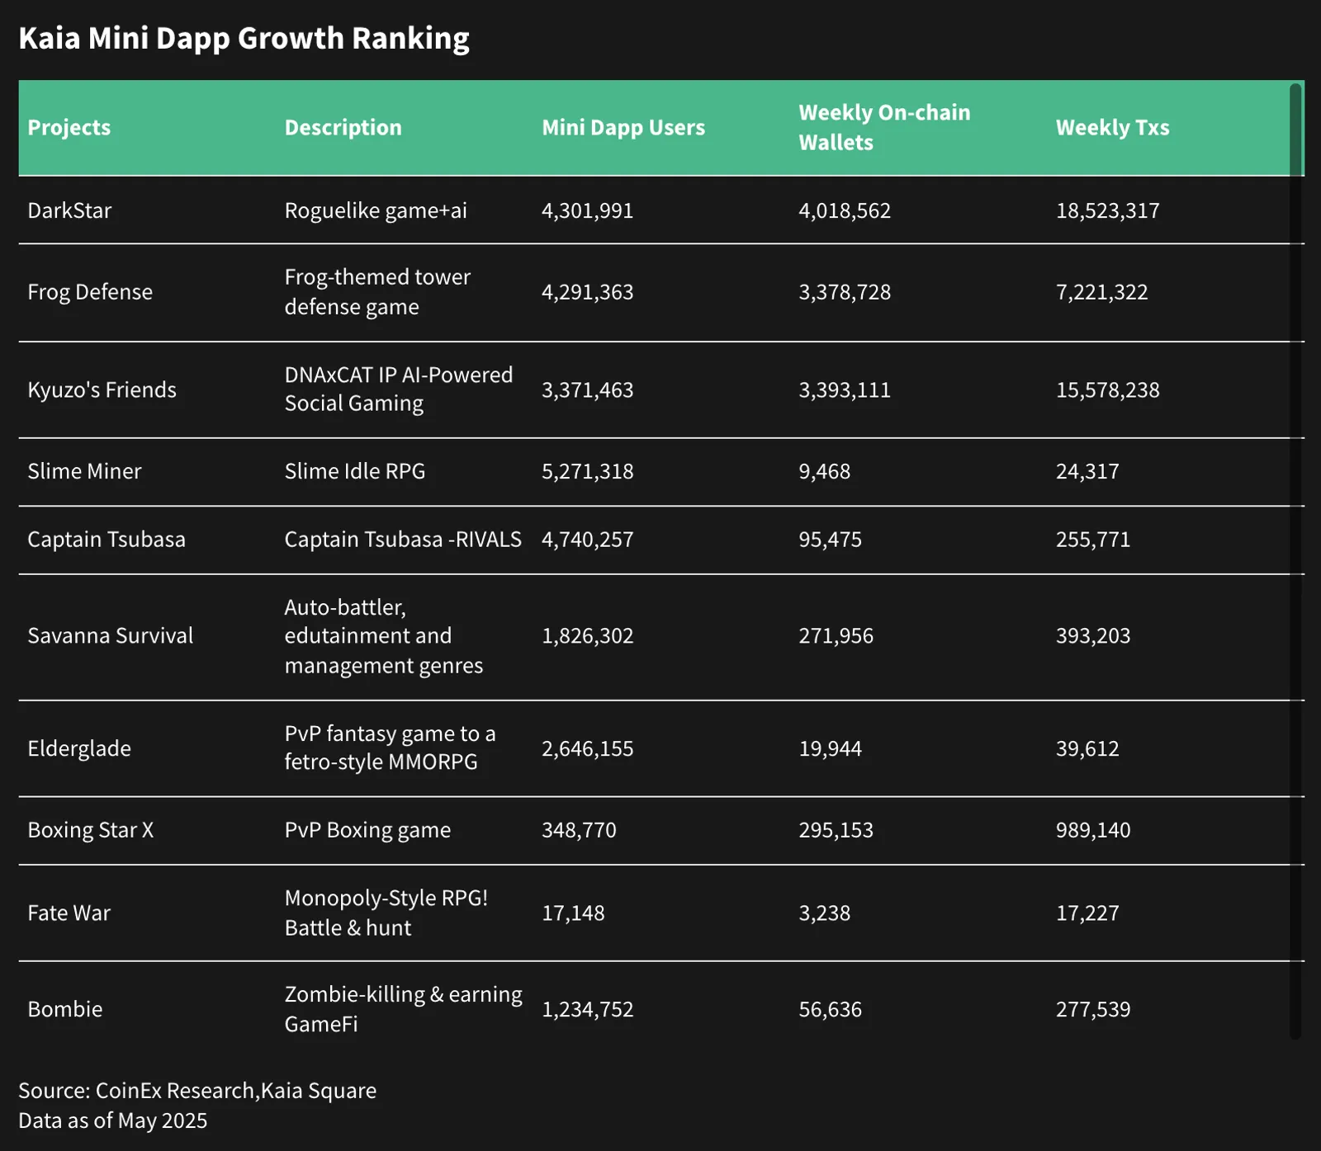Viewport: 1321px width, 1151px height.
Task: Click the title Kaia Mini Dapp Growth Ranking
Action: coord(244,39)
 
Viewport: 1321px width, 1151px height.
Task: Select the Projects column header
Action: coord(69,128)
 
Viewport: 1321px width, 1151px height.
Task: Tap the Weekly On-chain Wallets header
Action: coord(884,127)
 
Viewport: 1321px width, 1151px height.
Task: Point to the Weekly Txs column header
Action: coord(1112,128)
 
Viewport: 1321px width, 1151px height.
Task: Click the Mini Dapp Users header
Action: coord(623,128)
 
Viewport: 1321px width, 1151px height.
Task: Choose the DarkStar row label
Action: coord(69,210)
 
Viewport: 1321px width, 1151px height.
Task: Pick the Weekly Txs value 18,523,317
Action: coord(1107,210)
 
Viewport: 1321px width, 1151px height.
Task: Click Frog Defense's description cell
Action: coord(377,292)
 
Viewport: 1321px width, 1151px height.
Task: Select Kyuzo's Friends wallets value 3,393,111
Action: coord(845,389)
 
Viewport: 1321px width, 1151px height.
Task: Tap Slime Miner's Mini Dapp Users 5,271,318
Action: coord(587,471)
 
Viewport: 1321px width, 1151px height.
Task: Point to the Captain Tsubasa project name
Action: coord(107,540)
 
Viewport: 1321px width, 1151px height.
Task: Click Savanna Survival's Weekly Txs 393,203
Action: coord(1093,636)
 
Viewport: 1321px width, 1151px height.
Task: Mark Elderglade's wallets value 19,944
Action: coord(830,748)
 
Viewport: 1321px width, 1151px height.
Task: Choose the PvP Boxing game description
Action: coord(367,830)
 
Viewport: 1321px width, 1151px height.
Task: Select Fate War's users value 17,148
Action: coord(573,913)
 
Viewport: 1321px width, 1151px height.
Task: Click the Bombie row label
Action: coord(65,1009)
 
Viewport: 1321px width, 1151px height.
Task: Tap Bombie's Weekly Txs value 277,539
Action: coord(1093,1009)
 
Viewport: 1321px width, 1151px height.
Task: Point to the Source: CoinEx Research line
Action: coord(197,1091)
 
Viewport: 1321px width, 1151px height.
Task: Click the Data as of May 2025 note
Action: coord(113,1120)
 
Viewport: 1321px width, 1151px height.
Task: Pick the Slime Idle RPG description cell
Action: coord(355,471)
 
